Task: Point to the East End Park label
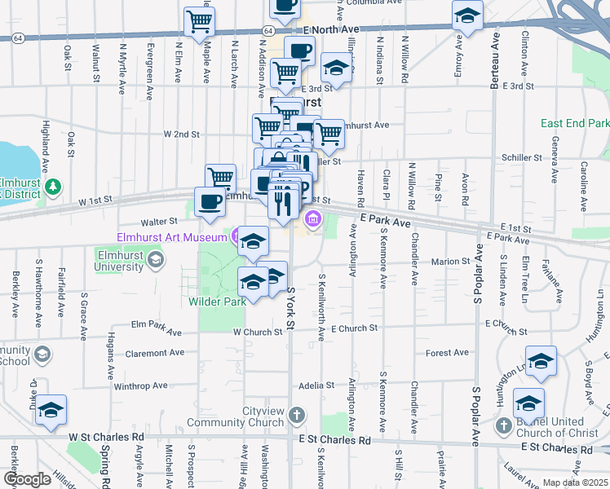tap(574, 123)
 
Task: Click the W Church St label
tap(258, 332)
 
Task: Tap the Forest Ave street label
tap(448, 353)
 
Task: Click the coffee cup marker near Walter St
tap(210, 202)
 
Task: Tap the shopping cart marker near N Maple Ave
tap(200, 22)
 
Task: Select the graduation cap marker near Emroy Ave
tap(468, 15)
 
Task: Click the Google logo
tap(28, 479)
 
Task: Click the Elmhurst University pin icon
tap(157, 261)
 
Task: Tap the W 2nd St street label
tap(181, 134)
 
